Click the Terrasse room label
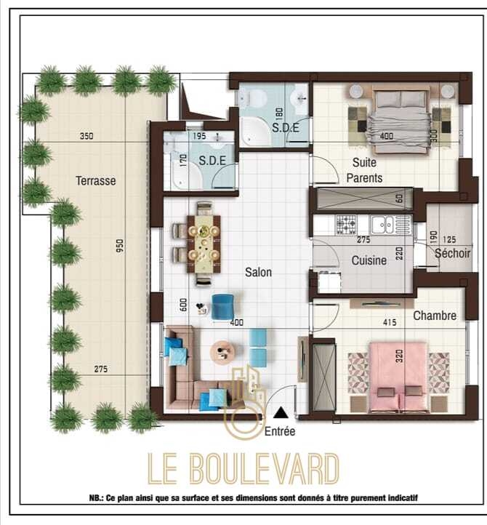coord(96,181)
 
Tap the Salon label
coord(258,272)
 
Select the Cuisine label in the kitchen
coord(369,260)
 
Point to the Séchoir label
coord(453,253)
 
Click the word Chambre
coord(435,316)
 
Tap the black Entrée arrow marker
coord(281,412)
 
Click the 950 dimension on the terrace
coord(120,246)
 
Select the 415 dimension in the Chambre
coord(390,322)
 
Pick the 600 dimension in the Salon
coord(183,305)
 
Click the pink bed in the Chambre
coord(398,377)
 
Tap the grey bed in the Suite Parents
coord(401,121)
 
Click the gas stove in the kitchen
coord(346,225)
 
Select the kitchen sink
coord(383,225)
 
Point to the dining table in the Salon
coord(204,244)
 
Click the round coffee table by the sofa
coord(222,352)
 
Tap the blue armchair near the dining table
coord(223,305)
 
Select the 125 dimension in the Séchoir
coord(449,239)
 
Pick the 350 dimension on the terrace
coord(86,136)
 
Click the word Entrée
coord(280,431)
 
